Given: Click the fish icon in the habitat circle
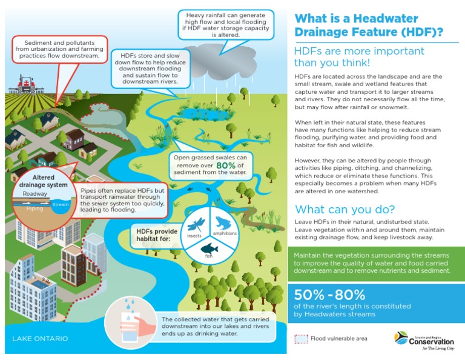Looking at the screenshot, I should click(x=208, y=248).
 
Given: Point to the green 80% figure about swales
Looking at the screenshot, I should click(x=226, y=165).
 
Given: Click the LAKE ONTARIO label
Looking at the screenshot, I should click(x=40, y=338).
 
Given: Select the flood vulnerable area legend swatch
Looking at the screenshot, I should click(x=302, y=339).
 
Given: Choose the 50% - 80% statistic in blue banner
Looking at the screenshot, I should click(x=330, y=295).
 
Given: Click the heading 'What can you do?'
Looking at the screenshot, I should click(x=344, y=210).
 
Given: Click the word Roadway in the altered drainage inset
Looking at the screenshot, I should click(x=35, y=193).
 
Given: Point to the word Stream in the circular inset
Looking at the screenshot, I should click(x=61, y=205).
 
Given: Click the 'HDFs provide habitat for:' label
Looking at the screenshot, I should click(x=155, y=234).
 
